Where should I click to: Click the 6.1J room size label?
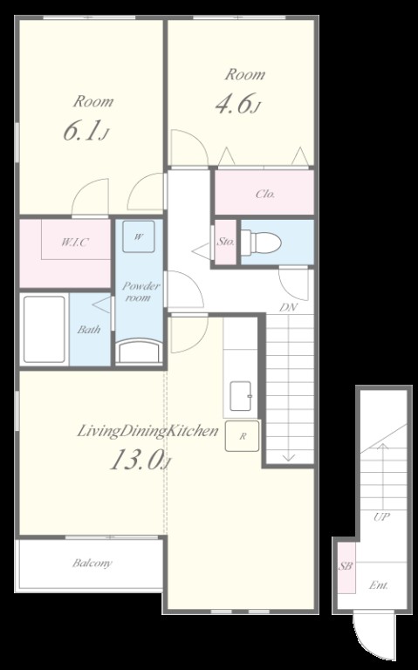tap(86, 131)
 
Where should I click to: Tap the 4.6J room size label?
tap(237, 104)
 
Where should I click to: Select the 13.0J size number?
tap(141, 461)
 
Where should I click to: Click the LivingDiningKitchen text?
tap(147, 431)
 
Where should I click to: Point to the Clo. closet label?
tap(265, 194)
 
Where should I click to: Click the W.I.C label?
tap(75, 243)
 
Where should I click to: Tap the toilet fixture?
tap(261, 243)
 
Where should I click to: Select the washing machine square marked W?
tap(139, 236)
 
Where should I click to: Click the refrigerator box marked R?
tap(243, 436)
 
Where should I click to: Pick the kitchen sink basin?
tap(241, 396)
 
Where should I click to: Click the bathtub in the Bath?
tap(44, 329)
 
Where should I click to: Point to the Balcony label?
tap(93, 564)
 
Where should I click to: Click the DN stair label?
tap(289, 307)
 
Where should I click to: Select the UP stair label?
tap(381, 516)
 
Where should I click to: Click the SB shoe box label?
tap(346, 565)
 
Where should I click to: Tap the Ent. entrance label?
tap(379, 585)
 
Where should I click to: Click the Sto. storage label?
tap(226, 242)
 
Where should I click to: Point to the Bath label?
tap(89, 330)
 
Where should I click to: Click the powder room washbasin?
tap(140, 352)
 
